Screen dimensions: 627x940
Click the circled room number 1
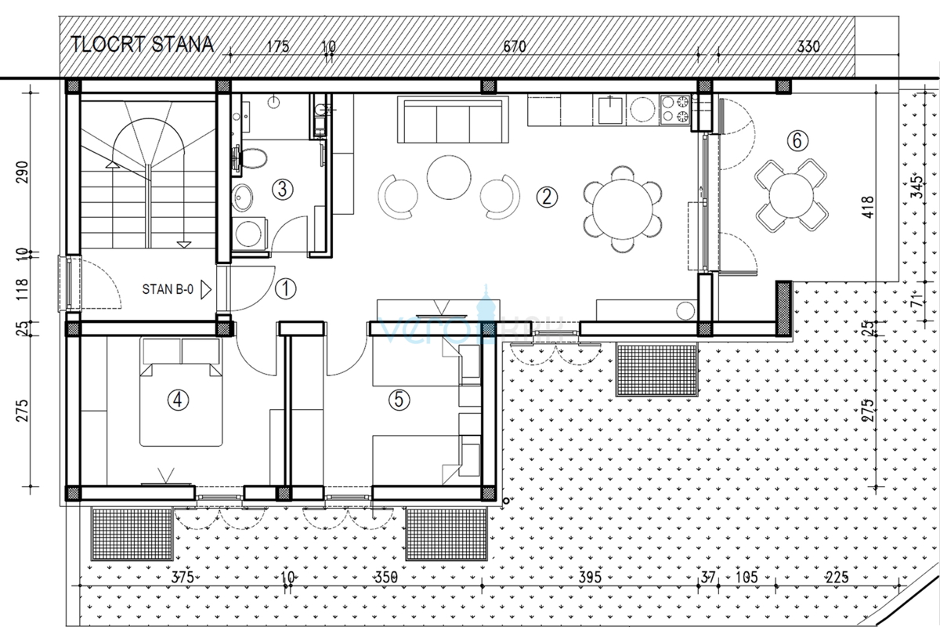tap(286, 289)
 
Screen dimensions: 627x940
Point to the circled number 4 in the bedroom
tap(179, 400)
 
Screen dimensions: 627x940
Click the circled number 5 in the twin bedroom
tap(399, 400)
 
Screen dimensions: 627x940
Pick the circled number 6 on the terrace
tap(795, 141)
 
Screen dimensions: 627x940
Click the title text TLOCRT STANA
tap(142, 44)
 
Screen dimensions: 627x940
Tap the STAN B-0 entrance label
tap(168, 288)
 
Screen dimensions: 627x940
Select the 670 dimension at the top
tap(514, 47)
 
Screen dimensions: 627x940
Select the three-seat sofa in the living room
tap(453, 119)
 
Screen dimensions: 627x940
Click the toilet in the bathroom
tap(254, 159)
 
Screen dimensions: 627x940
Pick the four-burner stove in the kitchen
tap(676, 111)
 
